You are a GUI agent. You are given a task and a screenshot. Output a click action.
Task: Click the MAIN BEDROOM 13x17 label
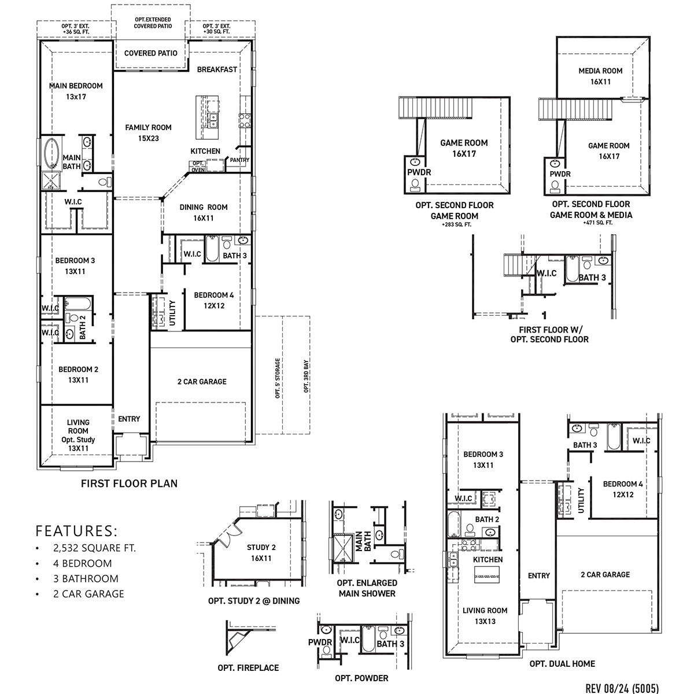tap(76, 91)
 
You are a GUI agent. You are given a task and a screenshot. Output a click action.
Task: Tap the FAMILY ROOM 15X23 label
tap(149, 132)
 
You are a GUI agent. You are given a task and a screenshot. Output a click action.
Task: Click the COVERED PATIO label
tap(150, 53)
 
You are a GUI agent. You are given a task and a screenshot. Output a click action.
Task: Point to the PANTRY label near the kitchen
tap(239, 160)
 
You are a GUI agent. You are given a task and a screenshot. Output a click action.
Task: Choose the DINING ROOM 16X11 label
tap(203, 212)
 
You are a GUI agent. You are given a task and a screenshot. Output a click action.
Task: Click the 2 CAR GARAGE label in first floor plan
tap(201, 382)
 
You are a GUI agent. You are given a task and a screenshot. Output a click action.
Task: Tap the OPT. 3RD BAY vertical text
tap(306, 376)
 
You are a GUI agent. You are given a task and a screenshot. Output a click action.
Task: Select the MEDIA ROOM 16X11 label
tap(600, 76)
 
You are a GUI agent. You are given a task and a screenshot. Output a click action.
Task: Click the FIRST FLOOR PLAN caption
tap(129, 483)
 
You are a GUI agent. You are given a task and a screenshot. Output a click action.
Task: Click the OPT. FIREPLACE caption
tap(248, 668)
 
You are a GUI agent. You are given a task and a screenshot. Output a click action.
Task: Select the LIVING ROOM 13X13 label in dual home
tap(485, 615)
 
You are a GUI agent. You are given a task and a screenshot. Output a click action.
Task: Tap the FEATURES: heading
tap(76, 530)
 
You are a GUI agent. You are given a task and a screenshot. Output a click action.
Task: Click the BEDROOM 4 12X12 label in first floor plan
tap(214, 300)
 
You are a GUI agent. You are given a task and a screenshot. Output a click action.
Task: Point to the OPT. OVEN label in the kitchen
tap(198, 167)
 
